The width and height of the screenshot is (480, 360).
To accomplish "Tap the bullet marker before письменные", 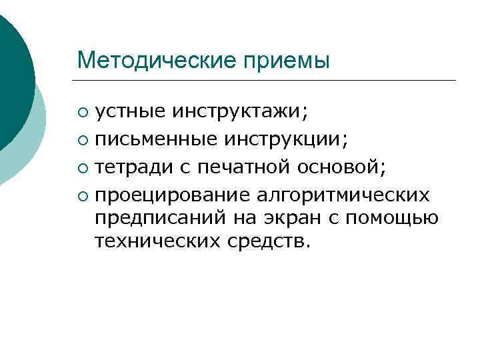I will click(82, 139).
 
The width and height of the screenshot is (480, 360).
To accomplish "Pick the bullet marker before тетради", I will click(82, 168).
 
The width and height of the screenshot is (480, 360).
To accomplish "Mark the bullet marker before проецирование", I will click(82, 196).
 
